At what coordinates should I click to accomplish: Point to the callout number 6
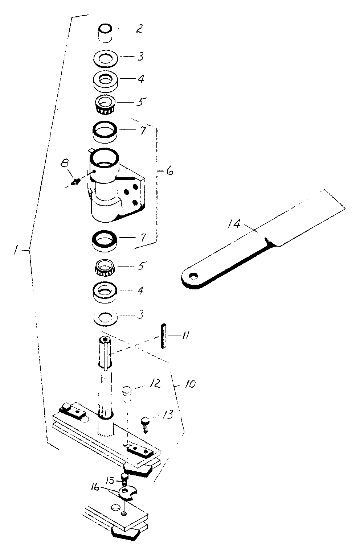click(x=169, y=171)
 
